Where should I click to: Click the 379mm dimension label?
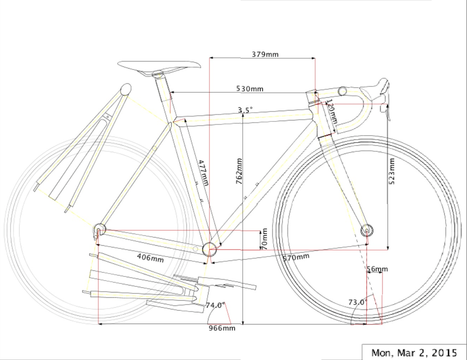click(265, 54)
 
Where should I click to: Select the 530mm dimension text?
click(250, 89)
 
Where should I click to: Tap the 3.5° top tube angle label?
click(245, 110)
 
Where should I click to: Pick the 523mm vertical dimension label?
click(392, 171)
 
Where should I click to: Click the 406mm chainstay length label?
click(150, 258)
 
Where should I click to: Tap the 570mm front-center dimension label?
click(295, 257)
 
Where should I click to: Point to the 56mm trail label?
click(377, 269)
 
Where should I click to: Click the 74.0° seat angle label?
click(216, 305)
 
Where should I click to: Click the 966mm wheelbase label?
click(222, 328)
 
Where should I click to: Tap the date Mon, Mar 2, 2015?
click(414, 352)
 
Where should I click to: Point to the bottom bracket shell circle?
click(209, 249)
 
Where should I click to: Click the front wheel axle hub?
click(368, 230)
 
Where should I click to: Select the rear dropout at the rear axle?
click(99, 230)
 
